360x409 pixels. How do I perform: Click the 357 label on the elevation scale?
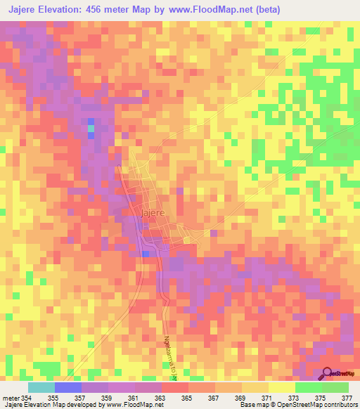(x=79, y=397)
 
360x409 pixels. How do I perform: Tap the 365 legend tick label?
(x=186, y=397)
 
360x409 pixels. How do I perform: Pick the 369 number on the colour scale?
(x=240, y=397)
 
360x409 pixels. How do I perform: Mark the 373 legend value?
(x=293, y=397)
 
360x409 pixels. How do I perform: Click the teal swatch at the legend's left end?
(x=41, y=387)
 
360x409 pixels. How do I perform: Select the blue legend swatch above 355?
(x=67, y=387)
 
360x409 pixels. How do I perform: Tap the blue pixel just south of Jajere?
(x=146, y=253)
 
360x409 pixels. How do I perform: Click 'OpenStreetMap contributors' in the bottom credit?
(x=317, y=405)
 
